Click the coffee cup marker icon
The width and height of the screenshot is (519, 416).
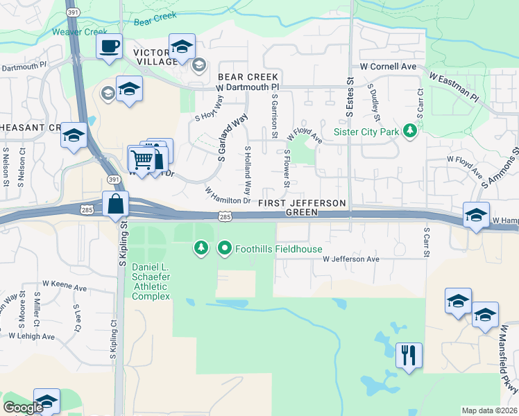(x=109, y=46)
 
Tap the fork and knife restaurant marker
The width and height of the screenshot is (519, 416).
(x=409, y=356)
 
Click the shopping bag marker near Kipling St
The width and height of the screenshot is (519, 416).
(x=114, y=205)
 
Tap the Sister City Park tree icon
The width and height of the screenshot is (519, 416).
(x=410, y=130)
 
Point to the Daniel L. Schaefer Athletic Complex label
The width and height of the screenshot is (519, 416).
(x=151, y=284)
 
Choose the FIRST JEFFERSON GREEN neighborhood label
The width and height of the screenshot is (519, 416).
(x=301, y=207)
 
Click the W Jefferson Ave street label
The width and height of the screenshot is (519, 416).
(x=350, y=259)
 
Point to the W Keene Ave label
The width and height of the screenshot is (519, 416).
(x=64, y=284)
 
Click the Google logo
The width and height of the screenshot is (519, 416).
(x=23, y=408)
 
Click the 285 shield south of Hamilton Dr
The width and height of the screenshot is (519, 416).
(x=225, y=217)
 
